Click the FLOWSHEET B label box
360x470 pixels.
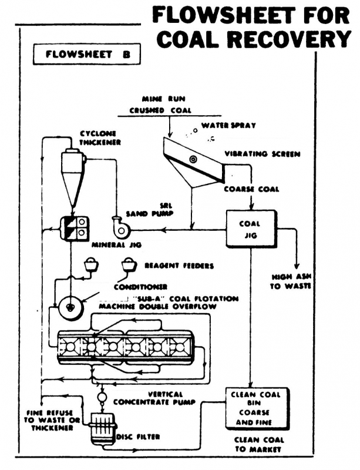coord(87,56)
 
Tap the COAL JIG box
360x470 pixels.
coord(250,230)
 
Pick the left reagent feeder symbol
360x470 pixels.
coord(91,266)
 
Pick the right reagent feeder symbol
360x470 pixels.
coord(129,266)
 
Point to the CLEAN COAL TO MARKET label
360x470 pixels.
coord(259,445)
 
